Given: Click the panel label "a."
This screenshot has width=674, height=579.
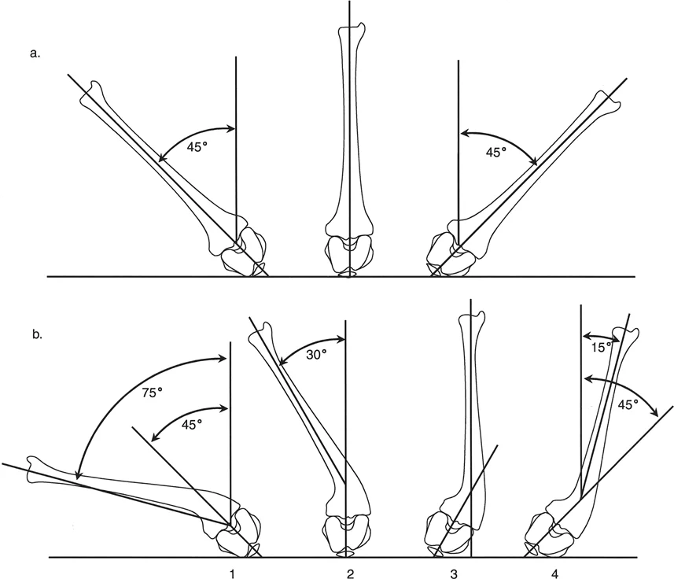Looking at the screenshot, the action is click(35, 53).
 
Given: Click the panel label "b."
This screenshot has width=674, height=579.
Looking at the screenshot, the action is click(37, 335).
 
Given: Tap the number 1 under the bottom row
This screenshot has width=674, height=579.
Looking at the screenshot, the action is click(232, 573).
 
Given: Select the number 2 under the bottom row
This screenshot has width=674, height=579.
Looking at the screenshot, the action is click(350, 573).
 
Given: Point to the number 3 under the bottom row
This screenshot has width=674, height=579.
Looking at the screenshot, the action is click(455, 573).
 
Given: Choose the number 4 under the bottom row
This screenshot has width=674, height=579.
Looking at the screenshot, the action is click(555, 573).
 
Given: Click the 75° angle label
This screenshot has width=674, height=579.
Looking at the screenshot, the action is click(152, 392).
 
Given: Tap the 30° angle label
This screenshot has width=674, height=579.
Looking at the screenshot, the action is click(317, 354).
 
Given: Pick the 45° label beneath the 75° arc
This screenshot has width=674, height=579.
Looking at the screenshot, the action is click(192, 424).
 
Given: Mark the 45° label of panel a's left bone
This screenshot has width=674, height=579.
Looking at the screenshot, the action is click(197, 146).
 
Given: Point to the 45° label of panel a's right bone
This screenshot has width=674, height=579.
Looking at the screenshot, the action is click(496, 152).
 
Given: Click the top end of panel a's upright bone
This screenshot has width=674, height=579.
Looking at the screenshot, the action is click(352, 27).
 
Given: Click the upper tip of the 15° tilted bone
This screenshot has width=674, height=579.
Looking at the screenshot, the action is click(627, 330).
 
